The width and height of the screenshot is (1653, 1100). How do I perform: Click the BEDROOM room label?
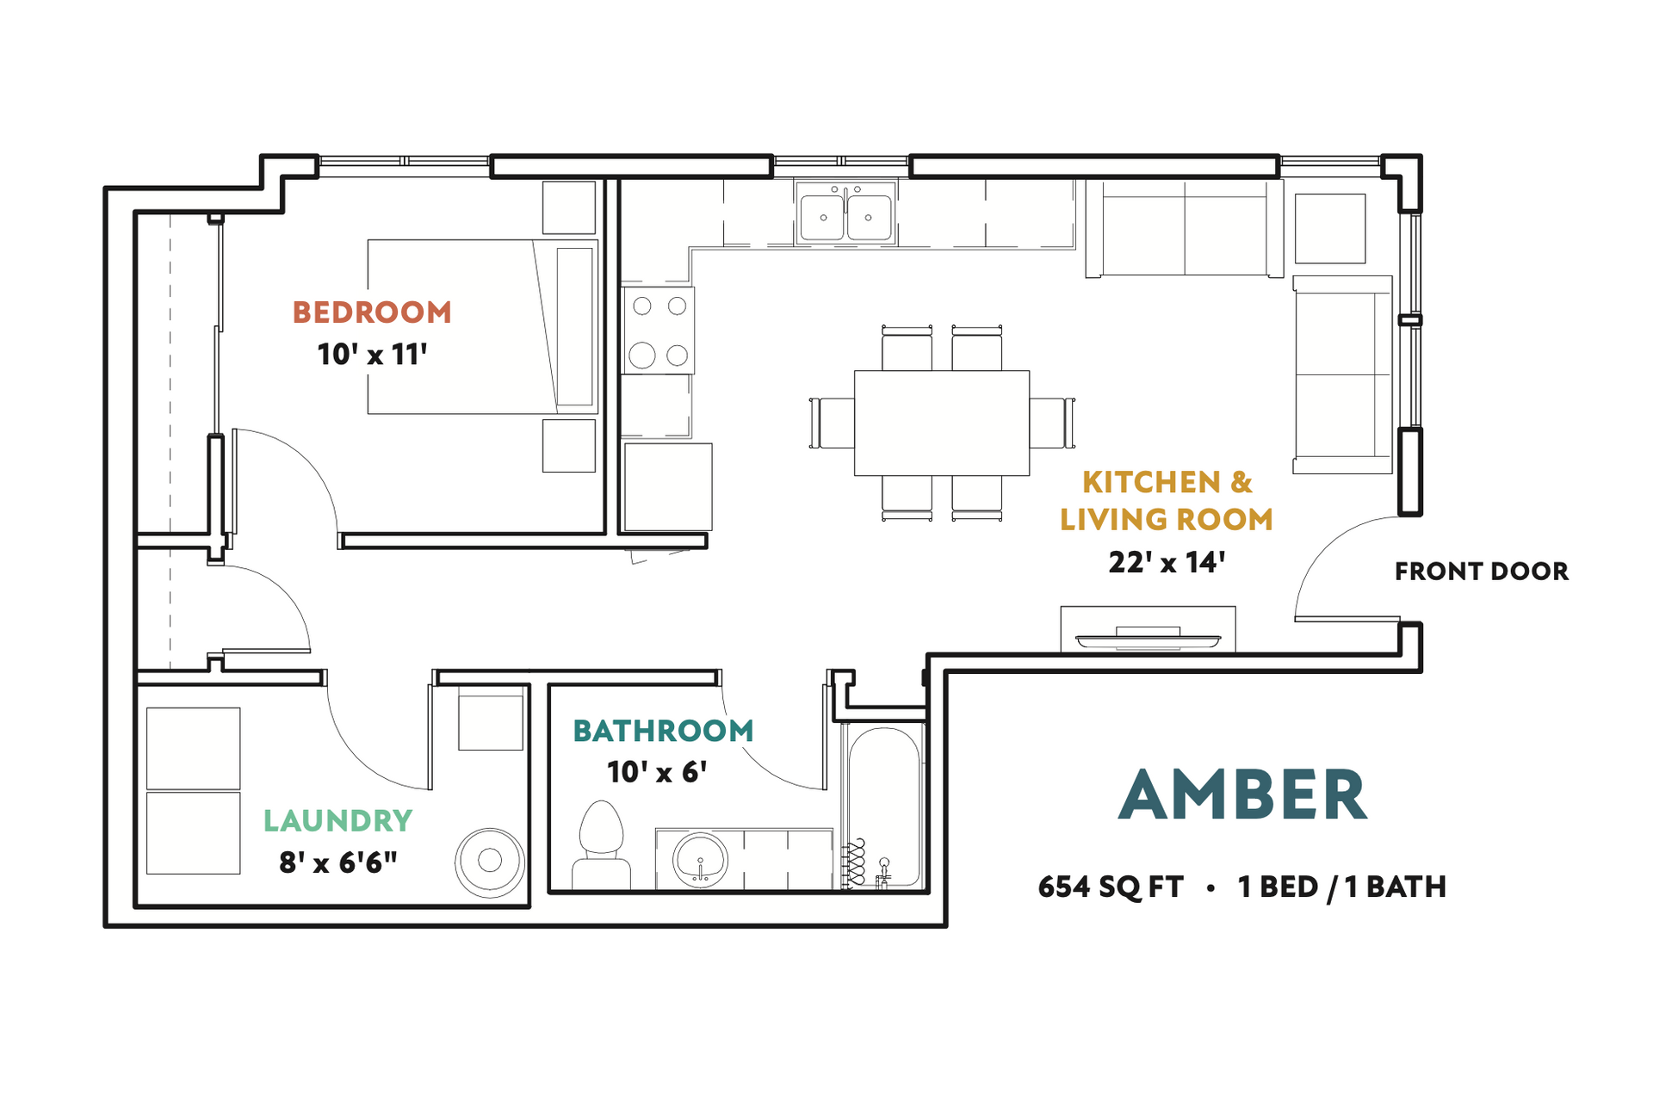[x=372, y=312]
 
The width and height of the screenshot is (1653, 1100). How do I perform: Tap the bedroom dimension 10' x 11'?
[x=372, y=355]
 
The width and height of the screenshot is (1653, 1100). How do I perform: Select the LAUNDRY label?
[x=337, y=821]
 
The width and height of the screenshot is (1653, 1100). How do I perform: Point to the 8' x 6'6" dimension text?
[x=337, y=862]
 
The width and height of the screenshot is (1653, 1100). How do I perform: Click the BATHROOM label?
[x=663, y=732]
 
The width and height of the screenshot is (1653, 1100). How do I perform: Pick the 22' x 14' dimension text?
[x=1167, y=563]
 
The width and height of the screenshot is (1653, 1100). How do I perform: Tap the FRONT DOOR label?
[x=1481, y=572]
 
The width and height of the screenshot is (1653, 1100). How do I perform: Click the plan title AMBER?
[x=1242, y=795]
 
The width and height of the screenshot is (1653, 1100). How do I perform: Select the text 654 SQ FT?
[x=1111, y=887]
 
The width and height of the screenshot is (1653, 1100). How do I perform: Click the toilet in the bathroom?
[x=601, y=844]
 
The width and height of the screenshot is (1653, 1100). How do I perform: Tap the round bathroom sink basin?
[x=701, y=859]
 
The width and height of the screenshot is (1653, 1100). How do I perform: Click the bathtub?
[x=884, y=805]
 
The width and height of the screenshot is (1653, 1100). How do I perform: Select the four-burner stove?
[x=659, y=331]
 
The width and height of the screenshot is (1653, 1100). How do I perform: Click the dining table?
[x=941, y=423]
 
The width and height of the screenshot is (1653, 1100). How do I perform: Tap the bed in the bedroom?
[x=482, y=327]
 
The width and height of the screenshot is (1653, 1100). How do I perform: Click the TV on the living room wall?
[x=1148, y=638]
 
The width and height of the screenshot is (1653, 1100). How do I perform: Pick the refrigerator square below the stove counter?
[x=667, y=487]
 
